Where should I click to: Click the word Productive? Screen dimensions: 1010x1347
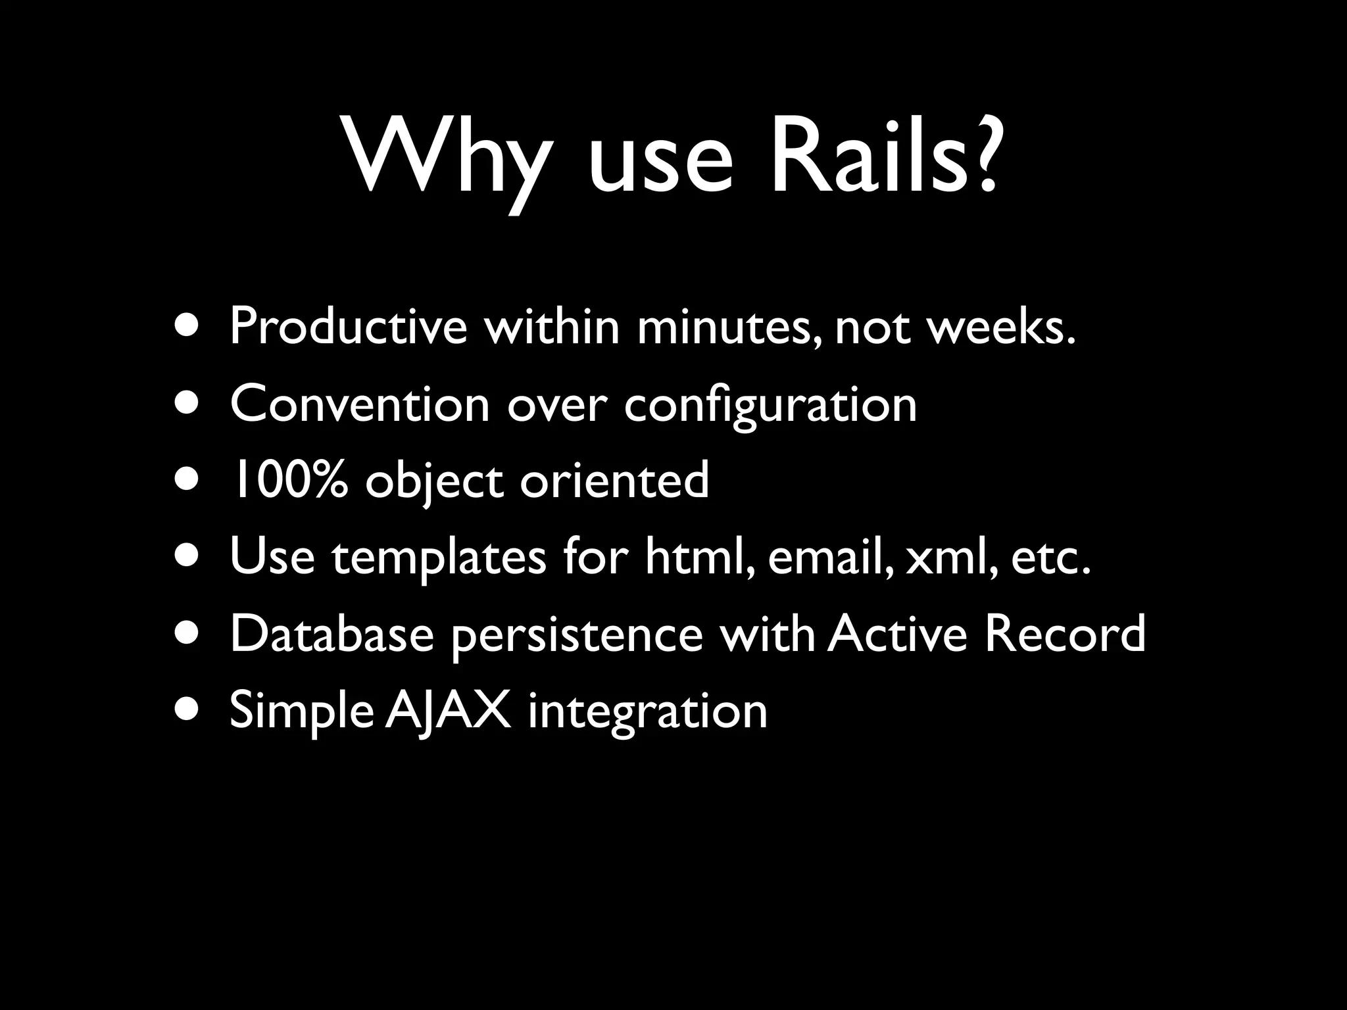point(348,327)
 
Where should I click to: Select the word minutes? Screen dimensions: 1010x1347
point(729,327)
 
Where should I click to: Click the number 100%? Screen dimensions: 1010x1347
point(287,480)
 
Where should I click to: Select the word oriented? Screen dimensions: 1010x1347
point(614,480)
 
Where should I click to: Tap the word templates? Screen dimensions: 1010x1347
point(439,558)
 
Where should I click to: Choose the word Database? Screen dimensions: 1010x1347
point(331,634)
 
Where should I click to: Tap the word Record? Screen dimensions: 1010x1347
point(1064,634)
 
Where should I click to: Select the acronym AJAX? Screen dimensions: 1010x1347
point(448,711)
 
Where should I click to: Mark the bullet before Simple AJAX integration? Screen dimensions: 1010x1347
point(189,711)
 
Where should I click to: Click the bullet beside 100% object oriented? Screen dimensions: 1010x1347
point(189,480)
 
